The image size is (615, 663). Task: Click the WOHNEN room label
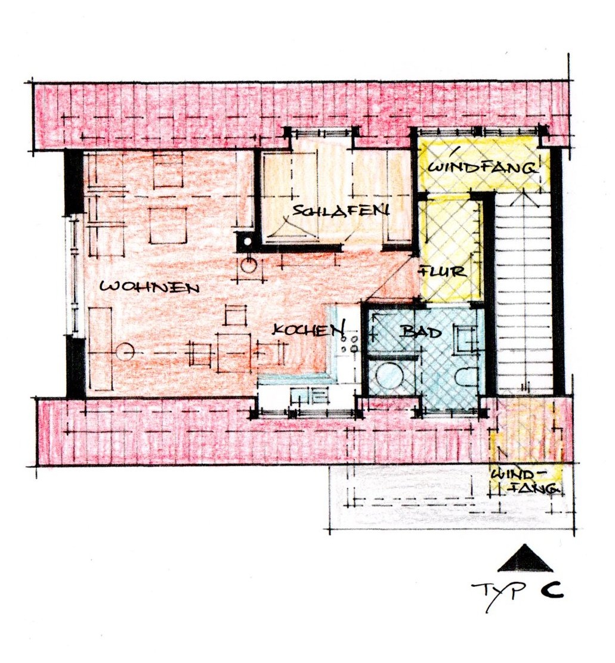tap(149, 287)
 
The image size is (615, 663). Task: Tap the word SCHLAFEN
tap(341, 210)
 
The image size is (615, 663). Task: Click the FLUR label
tap(443, 271)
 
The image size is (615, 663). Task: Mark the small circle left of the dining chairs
tap(125, 351)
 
